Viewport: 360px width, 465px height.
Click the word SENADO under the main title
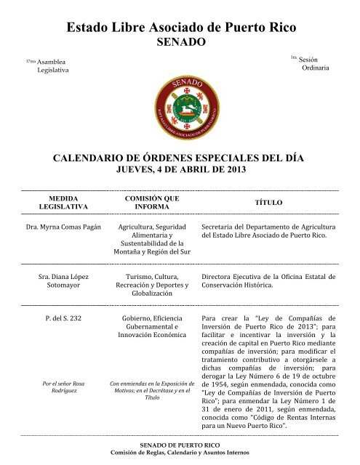tap(180, 43)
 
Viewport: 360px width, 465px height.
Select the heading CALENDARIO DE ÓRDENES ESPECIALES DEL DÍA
tap(180, 158)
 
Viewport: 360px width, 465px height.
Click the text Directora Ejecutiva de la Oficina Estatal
tap(268, 281)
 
